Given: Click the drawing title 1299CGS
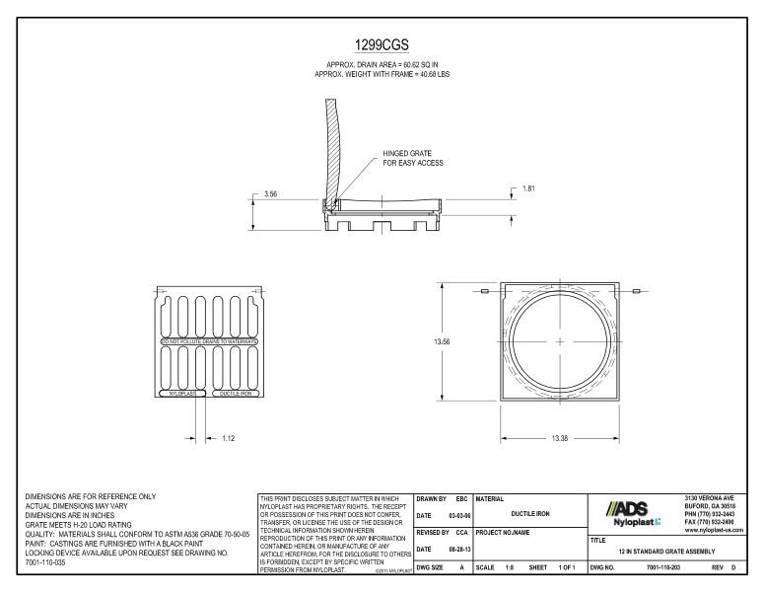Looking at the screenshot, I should click(382, 45).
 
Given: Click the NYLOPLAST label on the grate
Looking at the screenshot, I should click(182, 393).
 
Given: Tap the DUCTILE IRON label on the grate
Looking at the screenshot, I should click(235, 393).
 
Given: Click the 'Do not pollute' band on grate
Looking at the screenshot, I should click(209, 341).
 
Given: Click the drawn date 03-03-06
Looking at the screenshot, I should click(453, 516).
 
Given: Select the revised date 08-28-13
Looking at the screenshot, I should click(453, 549).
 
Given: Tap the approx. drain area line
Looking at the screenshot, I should click(382, 65).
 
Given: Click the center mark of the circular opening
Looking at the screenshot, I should click(559, 341).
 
